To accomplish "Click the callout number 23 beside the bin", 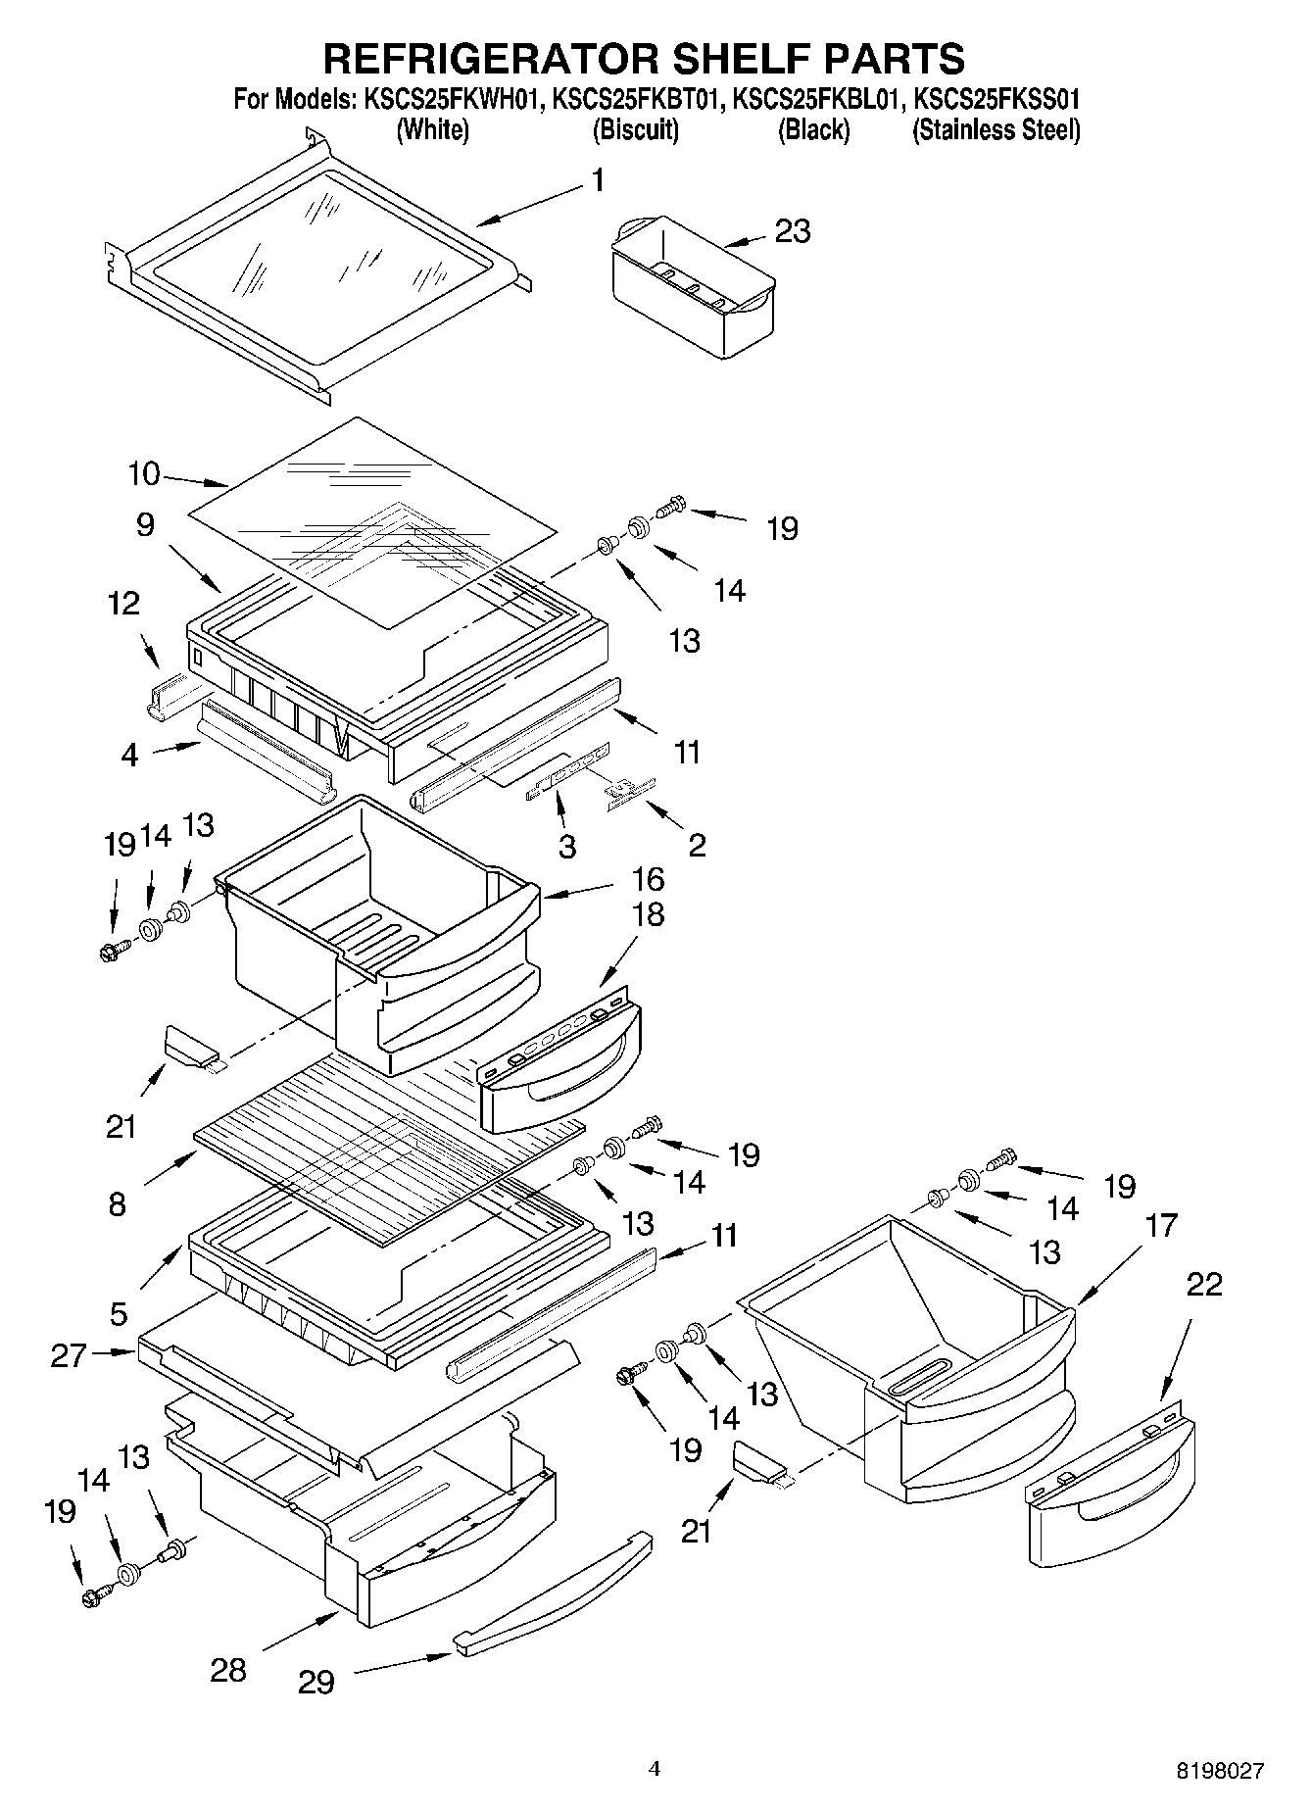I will pyautogui.click(x=793, y=231).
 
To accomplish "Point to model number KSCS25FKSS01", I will pyautogui.click(x=996, y=100).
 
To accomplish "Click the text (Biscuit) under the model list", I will pyautogui.click(x=635, y=129).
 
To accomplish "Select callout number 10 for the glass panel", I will pyautogui.click(x=143, y=474).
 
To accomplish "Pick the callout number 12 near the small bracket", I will pyautogui.click(x=124, y=604).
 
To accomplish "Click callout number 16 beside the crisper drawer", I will pyautogui.click(x=648, y=878).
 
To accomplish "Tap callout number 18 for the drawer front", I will pyautogui.click(x=648, y=914).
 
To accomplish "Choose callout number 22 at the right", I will pyautogui.click(x=1203, y=1284).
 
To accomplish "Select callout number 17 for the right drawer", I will pyautogui.click(x=1160, y=1225).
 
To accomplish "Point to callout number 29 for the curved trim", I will pyautogui.click(x=317, y=1683).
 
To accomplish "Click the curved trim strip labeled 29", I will pyautogui.click(x=555, y=1595).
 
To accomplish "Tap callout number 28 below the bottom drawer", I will pyautogui.click(x=228, y=1669).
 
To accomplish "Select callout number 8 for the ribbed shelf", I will pyautogui.click(x=118, y=1203).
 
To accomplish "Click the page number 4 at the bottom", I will pyautogui.click(x=655, y=1769).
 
